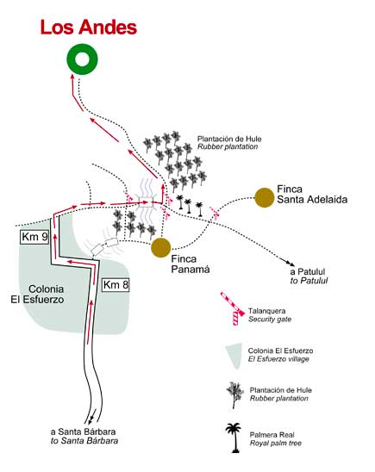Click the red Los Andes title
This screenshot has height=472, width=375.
(x=89, y=27)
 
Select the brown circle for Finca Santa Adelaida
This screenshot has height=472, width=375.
(x=265, y=197)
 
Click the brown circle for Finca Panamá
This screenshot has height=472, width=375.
(x=161, y=247)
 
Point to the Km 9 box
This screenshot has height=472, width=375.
(x=35, y=237)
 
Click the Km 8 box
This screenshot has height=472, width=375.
(x=116, y=284)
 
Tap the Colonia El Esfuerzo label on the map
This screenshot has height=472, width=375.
(x=37, y=294)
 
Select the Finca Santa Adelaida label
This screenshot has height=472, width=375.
(x=312, y=194)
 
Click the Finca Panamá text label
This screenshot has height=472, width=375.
(x=191, y=264)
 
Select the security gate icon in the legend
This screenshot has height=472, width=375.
(x=233, y=308)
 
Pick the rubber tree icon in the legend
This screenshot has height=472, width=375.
(x=234, y=395)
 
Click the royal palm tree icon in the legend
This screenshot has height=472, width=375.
(x=234, y=438)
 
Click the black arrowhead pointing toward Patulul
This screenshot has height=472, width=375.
(x=291, y=264)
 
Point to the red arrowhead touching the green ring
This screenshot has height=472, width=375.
(x=72, y=76)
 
